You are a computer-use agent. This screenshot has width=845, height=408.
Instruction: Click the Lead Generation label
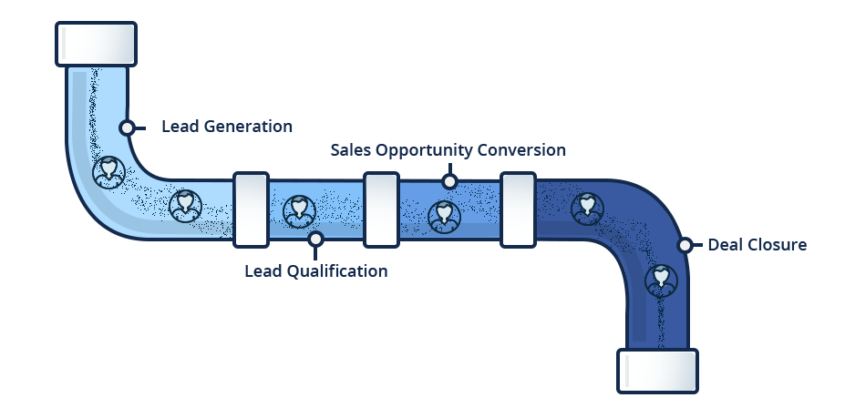pyautogui.click(x=227, y=127)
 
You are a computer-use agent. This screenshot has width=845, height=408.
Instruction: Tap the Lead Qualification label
pyautogui.click(x=315, y=271)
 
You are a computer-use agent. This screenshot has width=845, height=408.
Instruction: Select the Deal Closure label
pyautogui.click(x=757, y=245)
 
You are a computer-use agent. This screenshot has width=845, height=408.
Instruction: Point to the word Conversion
pyautogui.click(x=525, y=150)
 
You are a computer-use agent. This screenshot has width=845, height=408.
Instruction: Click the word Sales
pyautogui.click(x=350, y=150)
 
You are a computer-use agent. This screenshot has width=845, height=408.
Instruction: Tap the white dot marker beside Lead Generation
pyautogui.click(x=127, y=127)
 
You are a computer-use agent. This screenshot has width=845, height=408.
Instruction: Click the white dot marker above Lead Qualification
pyautogui.click(x=315, y=240)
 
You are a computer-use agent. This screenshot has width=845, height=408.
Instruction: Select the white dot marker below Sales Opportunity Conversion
pyautogui.click(x=448, y=181)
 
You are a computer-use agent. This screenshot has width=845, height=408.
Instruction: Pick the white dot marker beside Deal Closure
pyautogui.click(x=684, y=245)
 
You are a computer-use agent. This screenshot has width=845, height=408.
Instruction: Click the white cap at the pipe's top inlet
pyautogui.click(x=97, y=44)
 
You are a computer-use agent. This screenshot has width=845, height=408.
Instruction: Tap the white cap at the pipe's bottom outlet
pyautogui.click(x=657, y=371)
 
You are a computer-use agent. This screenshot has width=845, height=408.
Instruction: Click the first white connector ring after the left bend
pyautogui.click(x=251, y=209)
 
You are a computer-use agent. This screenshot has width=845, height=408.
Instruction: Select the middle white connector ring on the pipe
pyautogui.click(x=380, y=209)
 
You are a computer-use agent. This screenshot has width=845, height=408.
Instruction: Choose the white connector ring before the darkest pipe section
pyautogui.click(x=517, y=209)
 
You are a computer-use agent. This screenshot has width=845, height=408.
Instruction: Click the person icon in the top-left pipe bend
pyautogui.click(x=110, y=171)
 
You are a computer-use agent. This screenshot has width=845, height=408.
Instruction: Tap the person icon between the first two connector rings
pyautogui.click(x=299, y=211)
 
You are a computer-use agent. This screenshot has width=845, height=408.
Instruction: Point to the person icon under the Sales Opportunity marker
pyautogui.click(x=444, y=216)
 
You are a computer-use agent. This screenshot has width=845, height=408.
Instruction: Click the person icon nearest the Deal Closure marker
pyautogui.click(x=661, y=280)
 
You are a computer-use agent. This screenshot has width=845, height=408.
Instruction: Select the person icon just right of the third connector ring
pyautogui.click(x=587, y=209)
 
